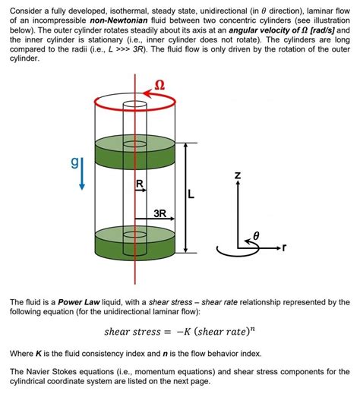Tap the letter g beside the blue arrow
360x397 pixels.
coord(74,162)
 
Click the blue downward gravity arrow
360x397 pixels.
coord(83,174)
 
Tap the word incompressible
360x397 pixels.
coord(54,18)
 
